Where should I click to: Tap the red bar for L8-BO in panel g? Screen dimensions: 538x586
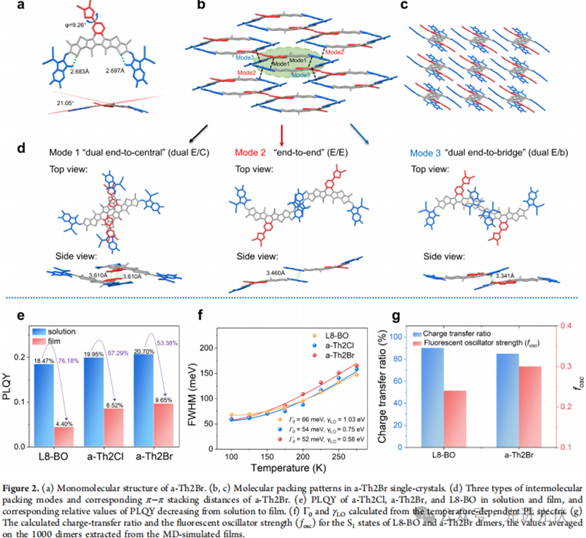(453, 418)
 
